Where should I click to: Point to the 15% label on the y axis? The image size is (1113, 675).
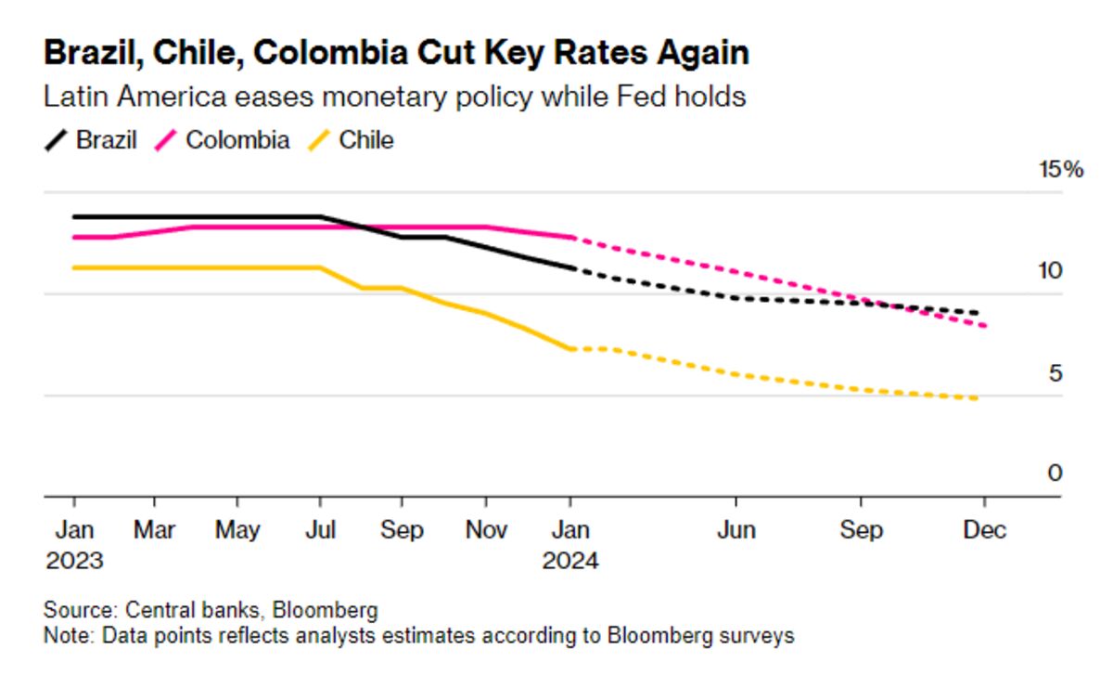coord(1060,170)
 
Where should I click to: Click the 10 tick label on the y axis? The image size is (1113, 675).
coord(1049,271)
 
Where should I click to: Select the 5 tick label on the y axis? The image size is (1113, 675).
coord(1055,373)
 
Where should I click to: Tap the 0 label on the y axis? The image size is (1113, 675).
coord(1055,474)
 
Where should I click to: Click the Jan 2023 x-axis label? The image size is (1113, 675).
coord(73,545)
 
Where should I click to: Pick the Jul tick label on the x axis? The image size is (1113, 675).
coord(321,530)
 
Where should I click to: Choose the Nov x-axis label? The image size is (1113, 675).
coord(486,530)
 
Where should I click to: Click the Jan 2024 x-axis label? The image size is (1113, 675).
coord(570,545)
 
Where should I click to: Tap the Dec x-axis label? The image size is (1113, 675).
coord(984,530)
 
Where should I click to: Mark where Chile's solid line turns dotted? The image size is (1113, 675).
coord(571,348)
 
